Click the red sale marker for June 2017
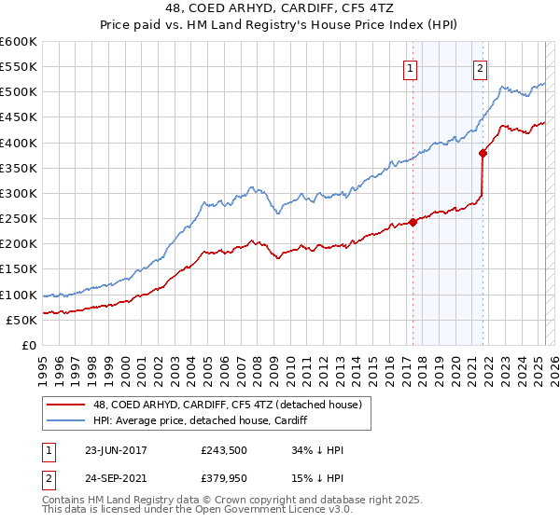click(413, 222)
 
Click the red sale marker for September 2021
click(483, 153)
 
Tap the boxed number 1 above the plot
click(411, 67)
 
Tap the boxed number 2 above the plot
click(480, 67)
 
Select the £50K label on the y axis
click(22, 320)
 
